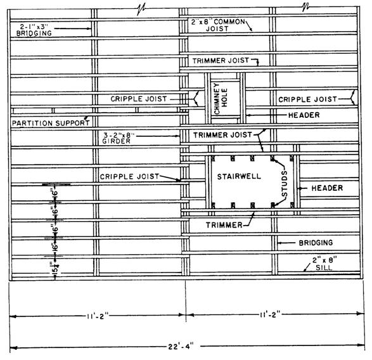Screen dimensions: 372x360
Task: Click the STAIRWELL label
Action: (239, 176)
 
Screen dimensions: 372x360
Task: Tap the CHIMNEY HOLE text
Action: (221, 98)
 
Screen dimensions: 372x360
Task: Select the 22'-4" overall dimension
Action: (181, 346)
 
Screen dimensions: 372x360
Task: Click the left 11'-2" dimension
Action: (97, 316)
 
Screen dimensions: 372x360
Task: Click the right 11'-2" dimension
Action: (269, 314)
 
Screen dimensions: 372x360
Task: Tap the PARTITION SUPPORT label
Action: (51, 123)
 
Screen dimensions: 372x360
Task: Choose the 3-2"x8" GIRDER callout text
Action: (118, 138)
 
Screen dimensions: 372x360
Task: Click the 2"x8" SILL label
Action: (324, 264)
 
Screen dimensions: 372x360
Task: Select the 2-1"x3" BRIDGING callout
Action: (34, 30)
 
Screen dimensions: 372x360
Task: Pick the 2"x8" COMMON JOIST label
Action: (218, 25)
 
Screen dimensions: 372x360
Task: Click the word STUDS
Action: (285, 184)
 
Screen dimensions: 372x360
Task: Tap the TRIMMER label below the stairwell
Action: (224, 225)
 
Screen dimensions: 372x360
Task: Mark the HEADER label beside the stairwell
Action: (327, 188)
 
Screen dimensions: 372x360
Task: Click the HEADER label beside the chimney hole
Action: (304, 115)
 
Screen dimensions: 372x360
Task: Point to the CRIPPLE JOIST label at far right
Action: (307, 100)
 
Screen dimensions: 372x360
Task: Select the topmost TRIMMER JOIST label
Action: (221, 61)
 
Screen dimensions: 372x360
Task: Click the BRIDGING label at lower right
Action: (316, 243)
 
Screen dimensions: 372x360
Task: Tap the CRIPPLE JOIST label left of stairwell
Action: (129, 177)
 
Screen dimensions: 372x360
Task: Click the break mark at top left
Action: (141, 10)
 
